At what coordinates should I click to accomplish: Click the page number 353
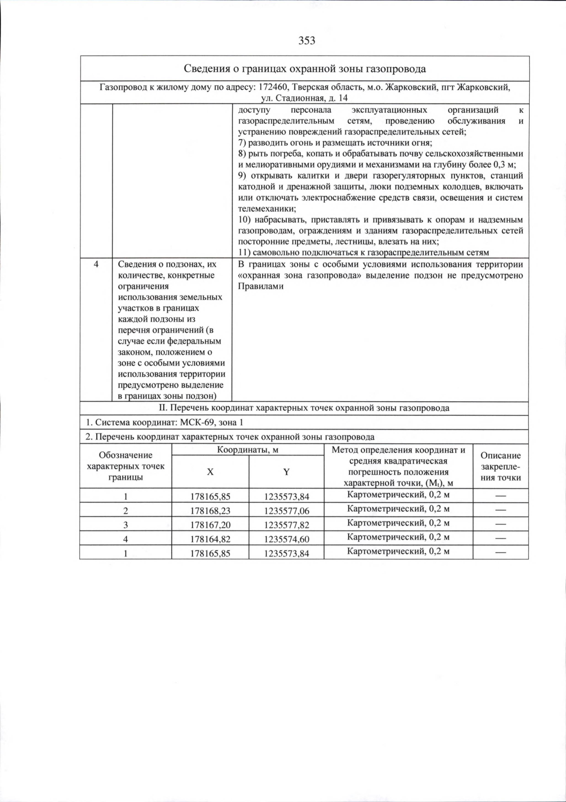pyautogui.click(x=307, y=41)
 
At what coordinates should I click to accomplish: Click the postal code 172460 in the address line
pyautogui.click(x=274, y=87)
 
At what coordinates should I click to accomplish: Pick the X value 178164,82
pyautogui.click(x=210, y=539)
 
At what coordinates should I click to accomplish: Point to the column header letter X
pyautogui.click(x=210, y=472)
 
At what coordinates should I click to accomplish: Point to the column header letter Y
pyautogui.click(x=286, y=472)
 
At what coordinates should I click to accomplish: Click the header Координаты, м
pyautogui.click(x=248, y=450)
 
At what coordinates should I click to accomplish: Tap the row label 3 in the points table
pyautogui.click(x=125, y=525)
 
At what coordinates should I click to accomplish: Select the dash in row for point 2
pyautogui.click(x=500, y=510)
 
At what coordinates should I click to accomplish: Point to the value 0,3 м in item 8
pyautogui.click(x=504, y=165)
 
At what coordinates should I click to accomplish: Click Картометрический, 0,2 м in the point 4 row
pyautogui.click(x=398, y=537)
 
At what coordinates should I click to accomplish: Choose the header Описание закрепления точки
pyautogui.click(x=500, y=466)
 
